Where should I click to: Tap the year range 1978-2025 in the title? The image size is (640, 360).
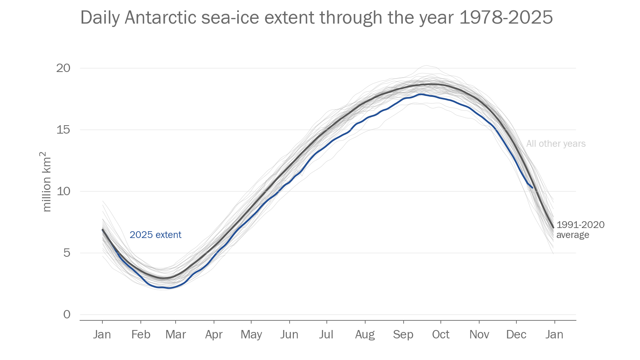506,18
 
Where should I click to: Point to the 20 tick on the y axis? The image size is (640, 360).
63,68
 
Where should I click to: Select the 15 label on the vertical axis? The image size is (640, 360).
63,130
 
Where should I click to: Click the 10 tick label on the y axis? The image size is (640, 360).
63,191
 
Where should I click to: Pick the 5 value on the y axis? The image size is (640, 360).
67,253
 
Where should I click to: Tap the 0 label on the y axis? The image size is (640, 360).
67,314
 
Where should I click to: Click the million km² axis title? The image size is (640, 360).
47,182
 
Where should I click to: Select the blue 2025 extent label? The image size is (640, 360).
155,235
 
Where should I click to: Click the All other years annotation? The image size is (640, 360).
556,144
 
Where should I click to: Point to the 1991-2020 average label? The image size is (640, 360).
580,230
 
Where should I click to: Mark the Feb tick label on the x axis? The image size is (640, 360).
141,334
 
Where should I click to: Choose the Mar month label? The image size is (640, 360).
176,334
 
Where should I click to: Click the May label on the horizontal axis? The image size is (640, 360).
251,334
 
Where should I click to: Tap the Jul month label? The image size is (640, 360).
326,334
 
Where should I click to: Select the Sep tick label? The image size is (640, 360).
403,334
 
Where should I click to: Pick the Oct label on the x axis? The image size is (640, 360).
441,334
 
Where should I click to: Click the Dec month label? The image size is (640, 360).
516,334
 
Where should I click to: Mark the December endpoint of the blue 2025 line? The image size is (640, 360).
532,187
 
